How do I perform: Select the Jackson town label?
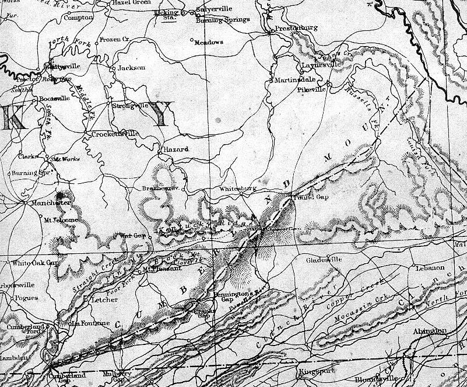pyautogui.click(x=131, y=68)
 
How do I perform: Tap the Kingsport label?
pyautogui.click(x=315, y=371)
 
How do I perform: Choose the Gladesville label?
pyautogui.click(x=323, y=259)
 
